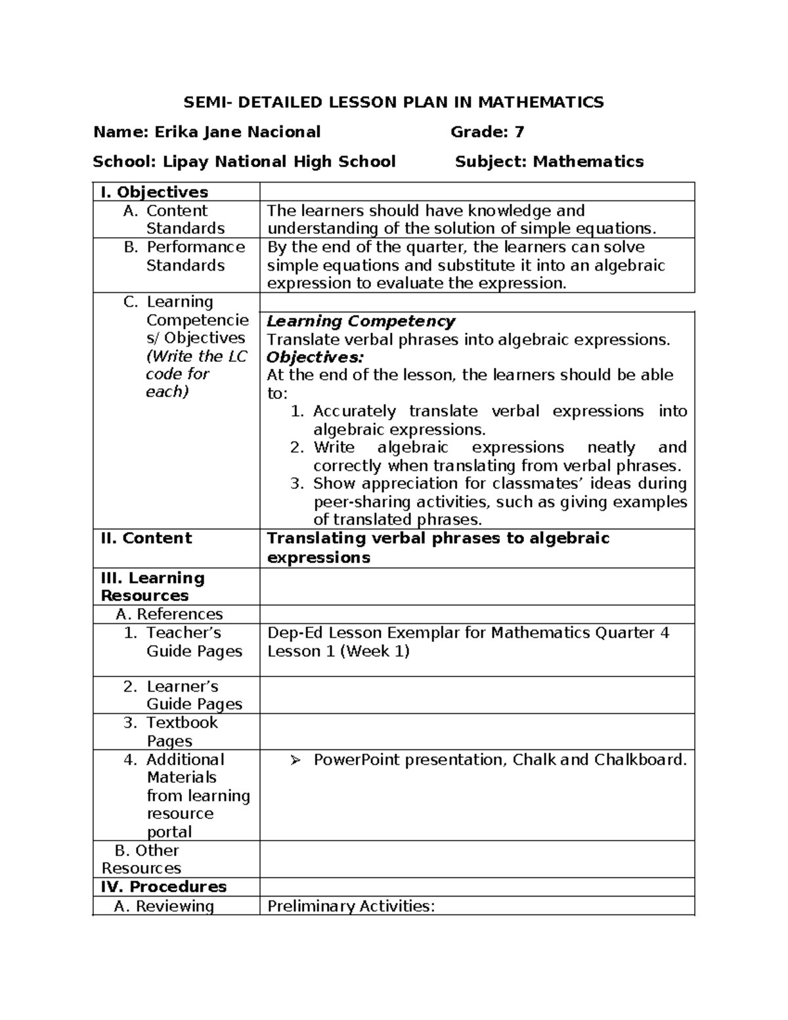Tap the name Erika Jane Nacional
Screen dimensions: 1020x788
coord(237,132)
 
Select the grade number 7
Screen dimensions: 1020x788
coord(519,132)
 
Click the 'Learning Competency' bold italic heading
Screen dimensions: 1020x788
coord(361,321)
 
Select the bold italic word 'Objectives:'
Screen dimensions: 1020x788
coord(315,357)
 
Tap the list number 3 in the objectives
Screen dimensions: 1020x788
coord(296,483)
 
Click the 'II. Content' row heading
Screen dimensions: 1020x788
coord(146,538)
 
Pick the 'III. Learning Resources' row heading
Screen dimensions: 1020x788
coord(152,587)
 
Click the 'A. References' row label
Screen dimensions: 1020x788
coord(169,614)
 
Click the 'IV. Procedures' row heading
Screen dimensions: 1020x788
coord(164,887)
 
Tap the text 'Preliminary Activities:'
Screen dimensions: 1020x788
coord(351,906)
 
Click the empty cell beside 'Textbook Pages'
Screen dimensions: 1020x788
coord(477,732)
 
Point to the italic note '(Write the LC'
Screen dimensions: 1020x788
coord(196,357)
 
